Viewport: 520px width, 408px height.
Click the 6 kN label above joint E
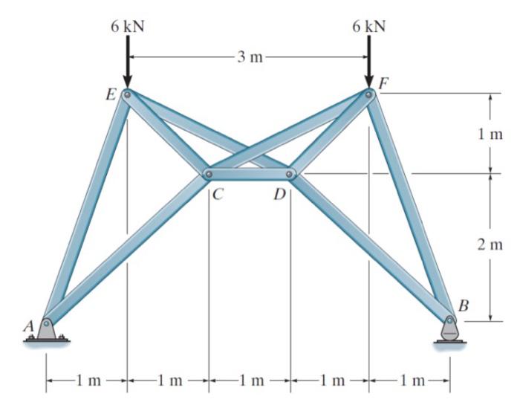127,27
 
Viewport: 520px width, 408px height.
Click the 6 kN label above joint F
369,27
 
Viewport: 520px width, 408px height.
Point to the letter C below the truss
218,195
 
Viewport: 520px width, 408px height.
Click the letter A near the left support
30,326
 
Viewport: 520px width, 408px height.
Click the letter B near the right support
464,305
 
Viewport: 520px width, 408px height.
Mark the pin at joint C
209,175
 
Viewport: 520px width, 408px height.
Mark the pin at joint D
290,175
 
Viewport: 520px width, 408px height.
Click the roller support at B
449,330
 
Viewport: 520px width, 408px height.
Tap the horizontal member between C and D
250,175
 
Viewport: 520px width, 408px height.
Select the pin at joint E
127,95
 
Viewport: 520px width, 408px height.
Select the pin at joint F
369,93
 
